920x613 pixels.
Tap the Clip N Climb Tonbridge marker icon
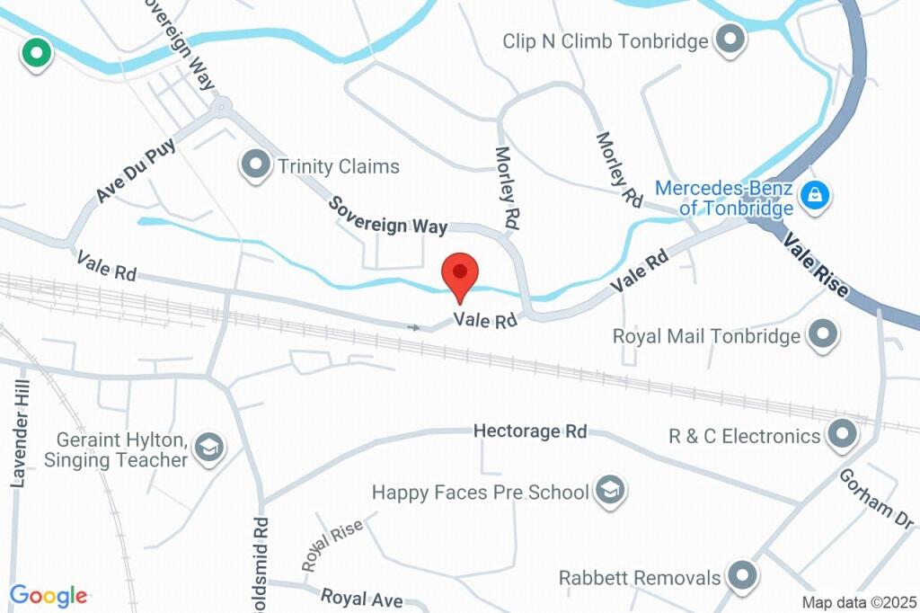[730, 40]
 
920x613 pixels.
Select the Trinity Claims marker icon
[257, 165]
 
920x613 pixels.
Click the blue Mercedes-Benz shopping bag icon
[815, 193]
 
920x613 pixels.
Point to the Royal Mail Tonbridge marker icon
[822, 335]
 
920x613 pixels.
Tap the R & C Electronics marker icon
[842, 435]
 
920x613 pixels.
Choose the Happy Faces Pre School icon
[611, 491]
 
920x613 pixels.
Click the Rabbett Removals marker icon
[742, 576]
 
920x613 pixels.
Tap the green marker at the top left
[36, 53]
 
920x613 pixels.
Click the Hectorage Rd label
[530, 431]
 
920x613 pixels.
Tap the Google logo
[49, 595]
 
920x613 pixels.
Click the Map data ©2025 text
[858, 602]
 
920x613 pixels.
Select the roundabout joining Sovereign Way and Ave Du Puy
[220, 109]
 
